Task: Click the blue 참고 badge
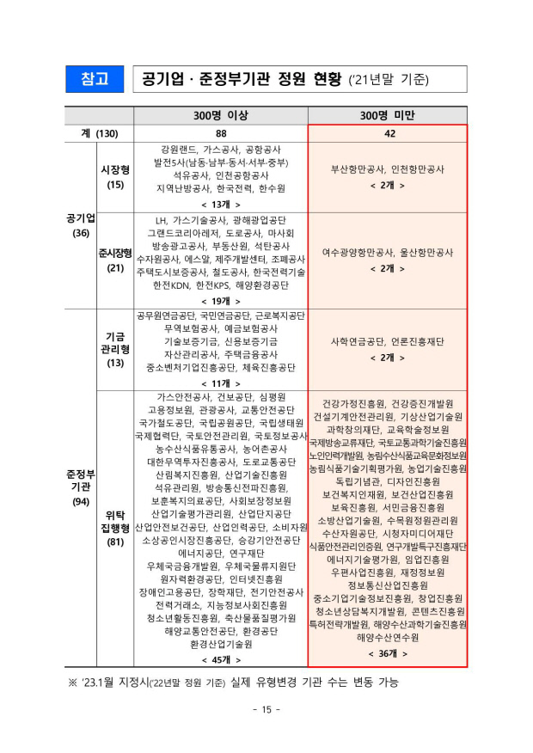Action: [x=95, y=79]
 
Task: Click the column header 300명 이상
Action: [x=221, y=116]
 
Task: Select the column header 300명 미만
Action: [x=388, y=116]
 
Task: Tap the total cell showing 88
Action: [x=221, y=133]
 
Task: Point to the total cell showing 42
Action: [x=388, y=133]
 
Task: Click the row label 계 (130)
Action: [x=95, y=133]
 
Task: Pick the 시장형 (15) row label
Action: [x=114, y=177]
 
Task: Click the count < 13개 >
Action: [x=221, y=204]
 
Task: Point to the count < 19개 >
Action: [x=221, y=301]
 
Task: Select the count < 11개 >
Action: [x=221, y=383]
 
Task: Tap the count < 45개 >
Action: [x=221, y=658]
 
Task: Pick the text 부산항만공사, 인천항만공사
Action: [x=388, y=169]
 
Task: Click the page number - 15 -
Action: [x=266, y=709]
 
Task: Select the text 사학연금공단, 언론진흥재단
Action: [x=388, y=341]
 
